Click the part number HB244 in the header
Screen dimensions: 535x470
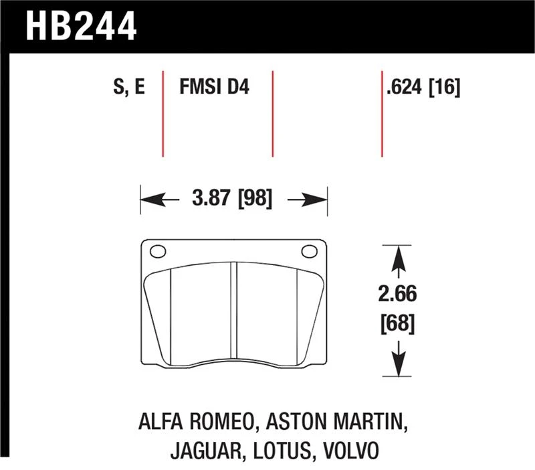pos(81,26)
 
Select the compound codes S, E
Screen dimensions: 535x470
pos(129,87)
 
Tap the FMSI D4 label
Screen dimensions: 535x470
pos(214,86)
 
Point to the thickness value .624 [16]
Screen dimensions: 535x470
pos(423,87)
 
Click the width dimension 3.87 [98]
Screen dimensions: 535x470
pos(232,198)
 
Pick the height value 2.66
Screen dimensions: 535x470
pos(397,294)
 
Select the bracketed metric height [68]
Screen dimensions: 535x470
pos(397,323)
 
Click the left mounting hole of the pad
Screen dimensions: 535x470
pos(158,252)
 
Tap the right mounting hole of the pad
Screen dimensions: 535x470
pos(309,251)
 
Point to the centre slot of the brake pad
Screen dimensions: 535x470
pos(233,310)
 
